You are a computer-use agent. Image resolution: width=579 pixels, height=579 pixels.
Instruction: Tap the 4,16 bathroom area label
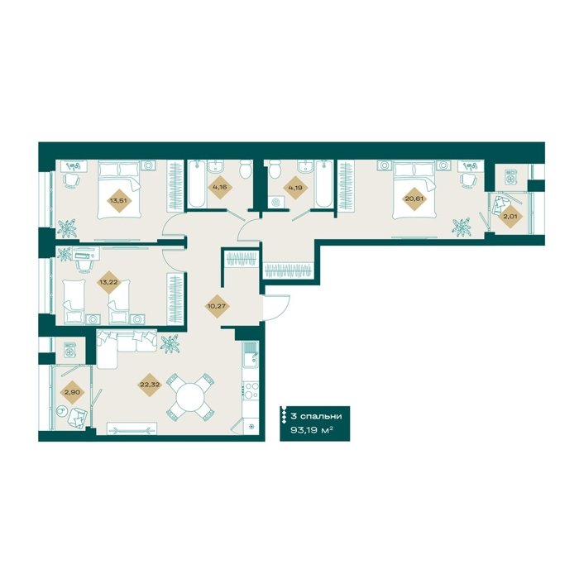220,187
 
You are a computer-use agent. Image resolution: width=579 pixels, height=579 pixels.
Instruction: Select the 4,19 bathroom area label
296,187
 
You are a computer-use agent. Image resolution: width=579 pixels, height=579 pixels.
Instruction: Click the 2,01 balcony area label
510,216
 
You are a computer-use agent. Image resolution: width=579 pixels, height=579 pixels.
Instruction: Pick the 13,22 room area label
105,282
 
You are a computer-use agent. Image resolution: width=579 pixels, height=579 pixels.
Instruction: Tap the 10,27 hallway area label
217,306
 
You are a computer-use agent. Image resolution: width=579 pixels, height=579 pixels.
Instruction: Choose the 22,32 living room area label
149,385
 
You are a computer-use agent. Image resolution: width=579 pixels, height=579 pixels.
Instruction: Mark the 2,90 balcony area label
72,393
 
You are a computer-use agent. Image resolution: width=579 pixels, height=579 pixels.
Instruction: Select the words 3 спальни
316,416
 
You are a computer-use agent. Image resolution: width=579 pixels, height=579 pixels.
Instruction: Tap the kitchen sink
251,354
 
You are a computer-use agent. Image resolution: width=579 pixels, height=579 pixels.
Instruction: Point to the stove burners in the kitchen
251,390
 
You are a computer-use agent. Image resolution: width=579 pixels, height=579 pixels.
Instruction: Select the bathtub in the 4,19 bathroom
324,184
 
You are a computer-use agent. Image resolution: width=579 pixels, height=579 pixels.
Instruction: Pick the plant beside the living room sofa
170,343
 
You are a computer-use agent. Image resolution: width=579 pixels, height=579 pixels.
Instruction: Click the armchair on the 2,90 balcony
79,418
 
